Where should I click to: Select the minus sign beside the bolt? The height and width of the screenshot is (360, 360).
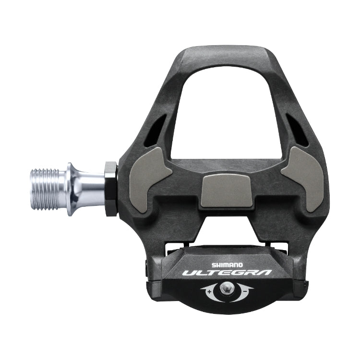pos(244,289)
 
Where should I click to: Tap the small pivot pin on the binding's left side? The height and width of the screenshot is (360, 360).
pos(147,264)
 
